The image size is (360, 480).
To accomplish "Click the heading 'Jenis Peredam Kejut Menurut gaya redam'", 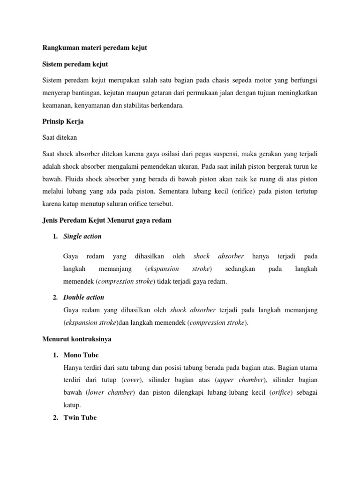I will point(107,220).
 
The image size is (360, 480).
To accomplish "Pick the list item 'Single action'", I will point(82,236).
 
